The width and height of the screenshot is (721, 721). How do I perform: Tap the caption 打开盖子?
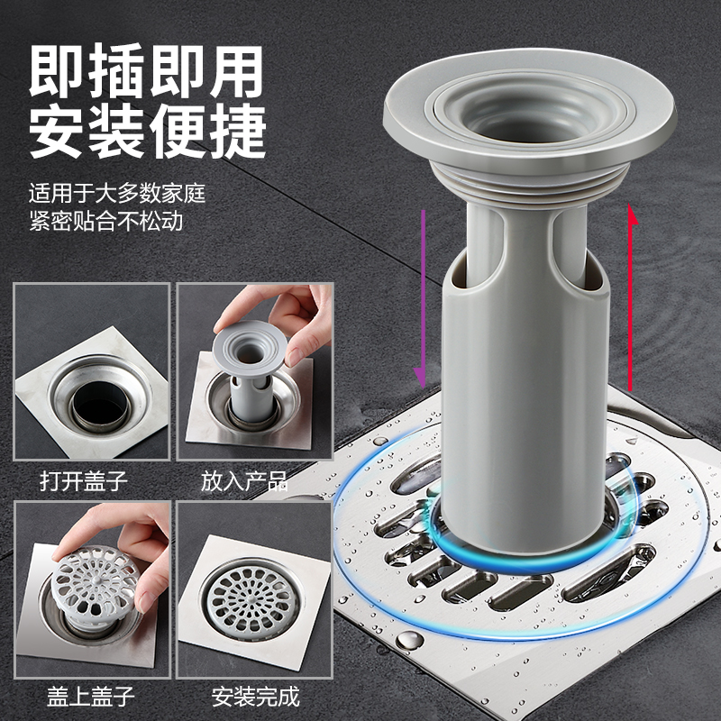pyautogui.click(x=83, y=481)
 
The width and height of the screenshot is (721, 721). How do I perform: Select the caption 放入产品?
pyautogui.click(x=244, y=481)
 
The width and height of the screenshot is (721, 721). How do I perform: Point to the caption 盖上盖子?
pyautogui.click(x=91, y=696)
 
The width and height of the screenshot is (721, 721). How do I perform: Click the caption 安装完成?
pyautogui.click(x=255, y=696)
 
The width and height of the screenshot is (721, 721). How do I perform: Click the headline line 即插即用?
pyautogui.click(x=146, y=71)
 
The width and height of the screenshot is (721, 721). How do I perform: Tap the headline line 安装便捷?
pyautogui.click(x=147, y=132)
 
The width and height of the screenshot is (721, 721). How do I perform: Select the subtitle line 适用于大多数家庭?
pyautogui.click(x=117, y=193)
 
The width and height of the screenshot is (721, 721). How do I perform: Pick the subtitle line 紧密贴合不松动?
pyautogui.click(x=105, y=220)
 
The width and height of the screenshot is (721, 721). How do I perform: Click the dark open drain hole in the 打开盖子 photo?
pyautogui.click(x=100, y=405)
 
